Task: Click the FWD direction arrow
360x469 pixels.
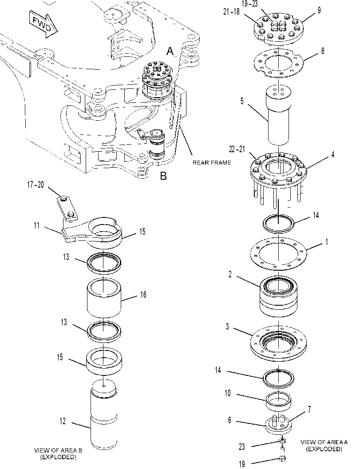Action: (x=43, y=24)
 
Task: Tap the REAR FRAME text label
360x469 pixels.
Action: (x=212, y=163)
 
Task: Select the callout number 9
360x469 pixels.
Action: (x=319, y=10)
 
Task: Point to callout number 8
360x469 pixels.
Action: (x=323, y=51)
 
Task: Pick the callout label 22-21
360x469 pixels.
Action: (x=237, y=149)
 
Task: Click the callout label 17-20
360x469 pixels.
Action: (x=36, y=185)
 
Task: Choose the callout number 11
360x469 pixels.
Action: (x=36, y=225)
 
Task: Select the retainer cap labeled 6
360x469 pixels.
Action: (x=279, y=424)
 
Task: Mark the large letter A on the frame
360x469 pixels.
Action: (x=170, y=51)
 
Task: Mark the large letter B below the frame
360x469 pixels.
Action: (x=163, y=176)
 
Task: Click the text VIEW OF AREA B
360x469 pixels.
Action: (x=58, y=450)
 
